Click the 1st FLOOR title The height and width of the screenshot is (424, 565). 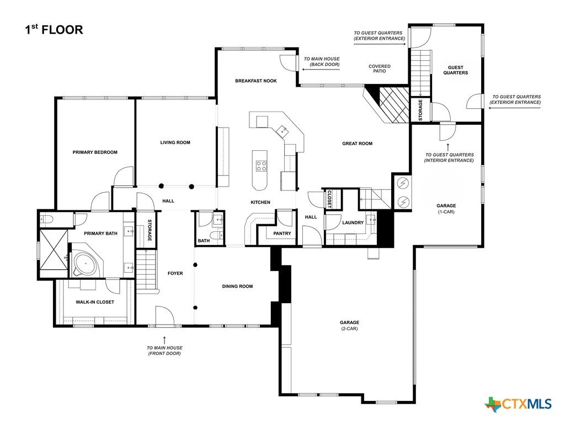54,30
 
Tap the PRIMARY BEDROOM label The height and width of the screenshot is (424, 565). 95,152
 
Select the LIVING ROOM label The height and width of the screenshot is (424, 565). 175,142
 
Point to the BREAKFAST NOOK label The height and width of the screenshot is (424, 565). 256,81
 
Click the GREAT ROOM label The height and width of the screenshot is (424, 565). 357,144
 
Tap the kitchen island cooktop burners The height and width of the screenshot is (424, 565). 262,166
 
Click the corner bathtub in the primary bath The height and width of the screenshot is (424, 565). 86,264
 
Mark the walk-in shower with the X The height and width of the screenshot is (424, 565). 54,250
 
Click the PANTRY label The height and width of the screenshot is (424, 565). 282,234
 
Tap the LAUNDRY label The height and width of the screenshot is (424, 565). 353,222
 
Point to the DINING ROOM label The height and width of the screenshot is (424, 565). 237,287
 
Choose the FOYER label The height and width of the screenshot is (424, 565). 175,273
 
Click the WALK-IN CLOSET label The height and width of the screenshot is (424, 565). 95,302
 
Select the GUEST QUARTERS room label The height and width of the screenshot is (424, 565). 455,70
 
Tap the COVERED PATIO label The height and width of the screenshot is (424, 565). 380,68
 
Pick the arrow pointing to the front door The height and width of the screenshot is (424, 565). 164,340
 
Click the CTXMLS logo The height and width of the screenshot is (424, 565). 518,404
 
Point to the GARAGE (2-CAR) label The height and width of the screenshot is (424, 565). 349,325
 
